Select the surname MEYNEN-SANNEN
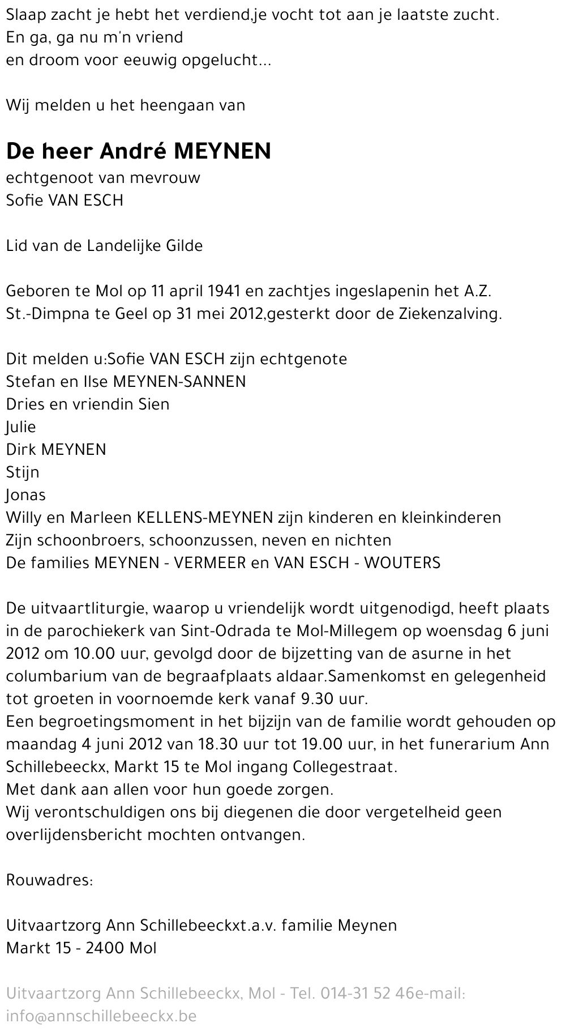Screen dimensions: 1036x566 (179, 382)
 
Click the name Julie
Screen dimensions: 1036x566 (21, 427)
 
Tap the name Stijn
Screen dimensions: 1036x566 (23, 472)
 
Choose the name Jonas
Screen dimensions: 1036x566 (26, 495)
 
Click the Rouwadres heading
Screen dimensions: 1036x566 (49, 880)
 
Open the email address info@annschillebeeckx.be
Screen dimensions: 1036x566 (101, 1016)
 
